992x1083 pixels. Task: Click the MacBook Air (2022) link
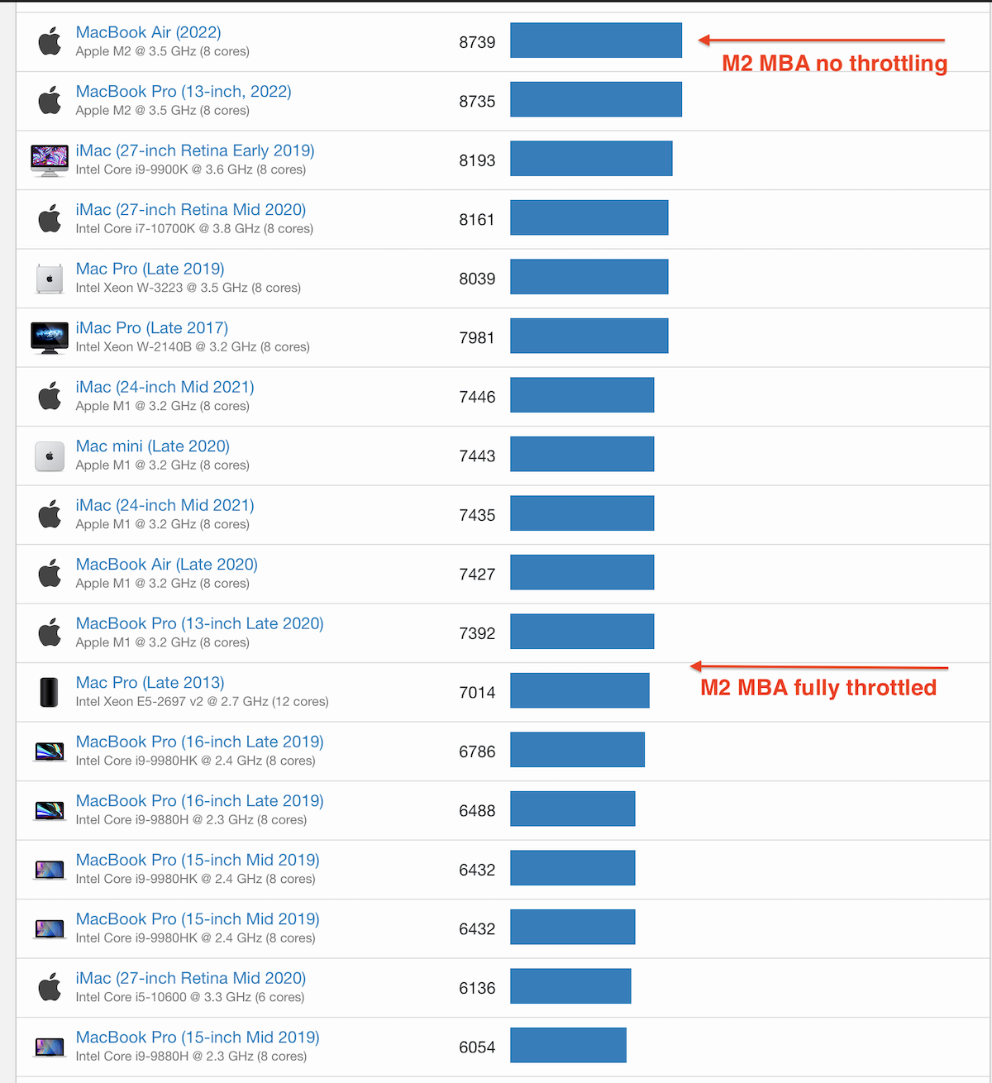click(148, 32)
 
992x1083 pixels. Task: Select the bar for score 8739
click(595, 41)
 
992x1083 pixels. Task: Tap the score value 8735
click(477, 102)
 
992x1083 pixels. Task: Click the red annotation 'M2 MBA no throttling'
click(834, 64)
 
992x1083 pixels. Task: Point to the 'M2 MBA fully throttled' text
click(818, 688)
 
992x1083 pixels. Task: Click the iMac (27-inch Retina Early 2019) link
click(194, 150)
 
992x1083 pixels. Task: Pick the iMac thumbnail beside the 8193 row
click(50, 160)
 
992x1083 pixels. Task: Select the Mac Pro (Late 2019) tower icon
click(50, 279)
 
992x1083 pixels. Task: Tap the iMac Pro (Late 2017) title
click(151, 328)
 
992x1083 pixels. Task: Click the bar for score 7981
click(589, 336)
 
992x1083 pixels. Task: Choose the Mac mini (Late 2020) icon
click(50, 456)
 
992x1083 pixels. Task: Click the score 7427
click(477, 575)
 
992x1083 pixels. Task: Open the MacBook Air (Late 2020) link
click(166, 565)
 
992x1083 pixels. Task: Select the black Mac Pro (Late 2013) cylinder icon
click(50, 692)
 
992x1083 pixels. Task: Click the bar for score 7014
click(579, 690)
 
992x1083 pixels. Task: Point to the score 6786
click(477, 751)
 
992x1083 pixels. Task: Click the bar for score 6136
click(570, 986)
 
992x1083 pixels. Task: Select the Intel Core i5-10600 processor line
click(189, 997)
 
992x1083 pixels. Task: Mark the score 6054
click(477, 1047)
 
